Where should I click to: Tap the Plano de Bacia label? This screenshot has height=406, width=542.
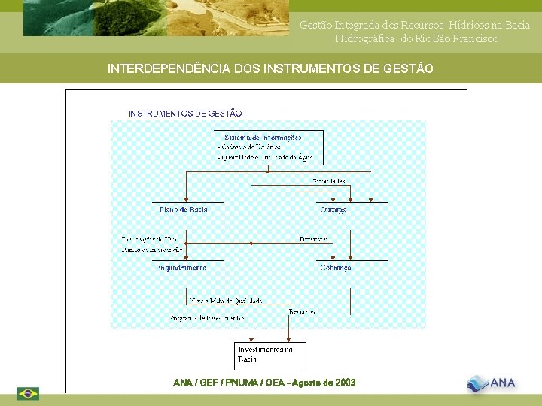click(183, 210)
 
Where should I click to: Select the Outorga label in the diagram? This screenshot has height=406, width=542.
click(333, 211)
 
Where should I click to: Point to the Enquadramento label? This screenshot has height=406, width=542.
click(181, 268)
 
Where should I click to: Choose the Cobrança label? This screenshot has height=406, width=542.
click(336, 268)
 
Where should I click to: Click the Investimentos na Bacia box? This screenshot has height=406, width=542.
click(264, 354)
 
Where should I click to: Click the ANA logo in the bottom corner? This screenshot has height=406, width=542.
click(492, 383)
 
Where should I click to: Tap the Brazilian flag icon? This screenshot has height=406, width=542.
click(28, 393)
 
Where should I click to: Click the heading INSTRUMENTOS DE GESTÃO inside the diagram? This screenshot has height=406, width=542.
click(185, 114)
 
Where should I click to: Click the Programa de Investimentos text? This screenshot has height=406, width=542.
click(207, 318)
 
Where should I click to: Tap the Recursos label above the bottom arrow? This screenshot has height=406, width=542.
click(302, 311)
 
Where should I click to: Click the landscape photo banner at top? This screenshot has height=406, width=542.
click(156, 18)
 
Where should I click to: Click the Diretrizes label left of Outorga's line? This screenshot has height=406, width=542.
click(312, 239)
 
